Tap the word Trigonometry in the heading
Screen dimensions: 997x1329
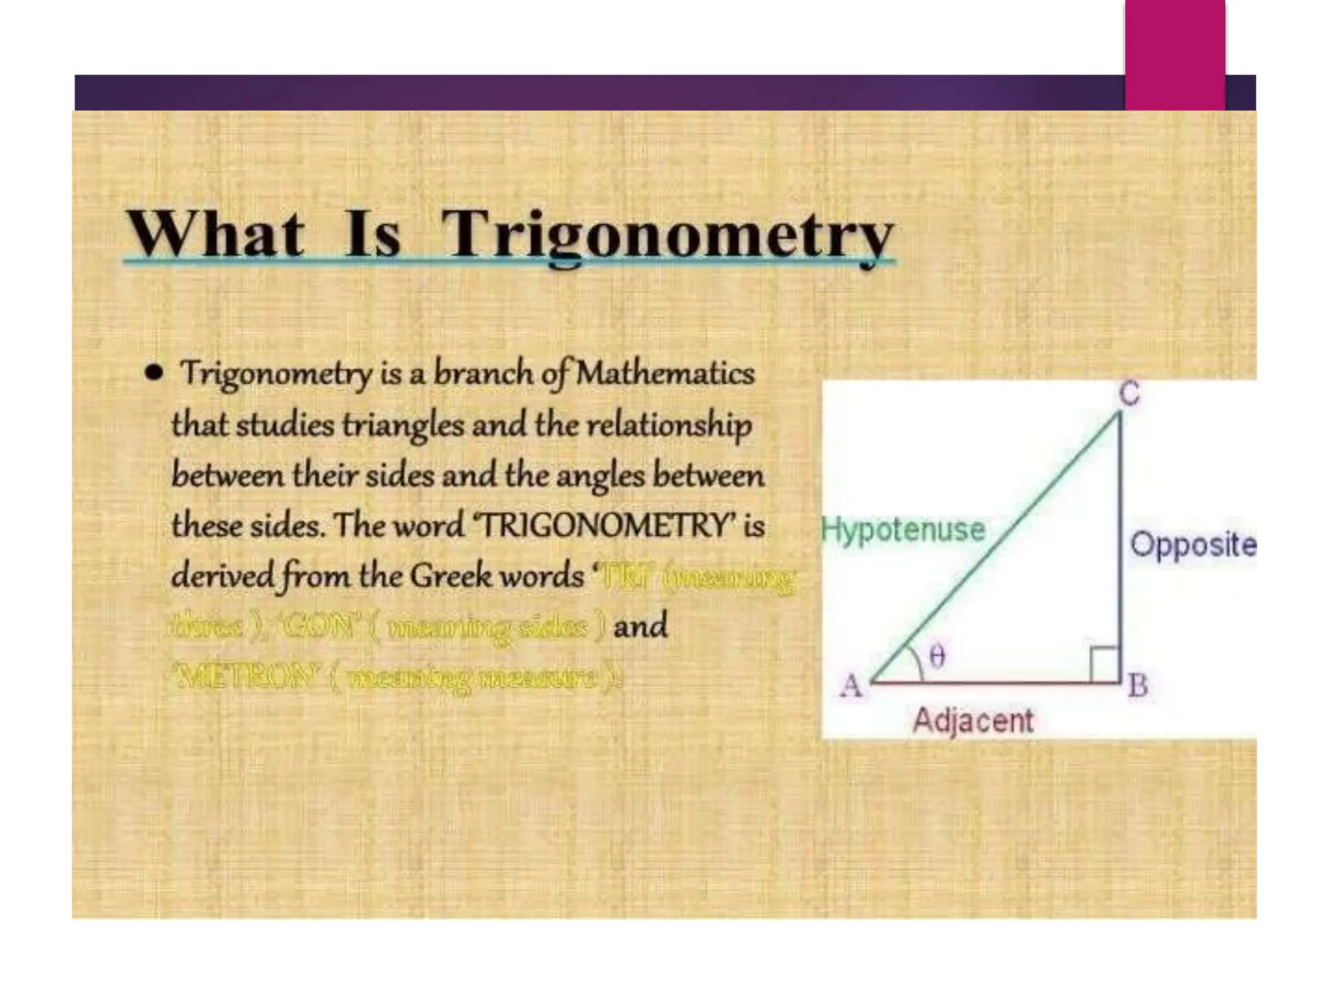coord(668,235)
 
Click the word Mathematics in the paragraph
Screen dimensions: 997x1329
coord(665,373)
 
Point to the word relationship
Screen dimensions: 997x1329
coord(669,425)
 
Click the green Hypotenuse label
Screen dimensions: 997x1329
coord(903,530)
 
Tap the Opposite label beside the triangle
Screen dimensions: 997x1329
coord(1193,544)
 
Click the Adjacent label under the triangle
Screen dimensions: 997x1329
coord(972,720)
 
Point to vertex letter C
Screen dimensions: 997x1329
coord(1129,393)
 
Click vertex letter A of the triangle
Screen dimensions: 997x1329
coord(851,685)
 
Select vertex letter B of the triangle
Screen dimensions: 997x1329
coord(1138,685)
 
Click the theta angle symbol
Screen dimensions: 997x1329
coord(937,657)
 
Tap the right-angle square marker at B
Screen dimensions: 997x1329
coord(1104,663)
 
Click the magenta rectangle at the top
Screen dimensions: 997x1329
coord(1175,55)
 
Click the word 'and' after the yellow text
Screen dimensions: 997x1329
coord(640,626)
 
